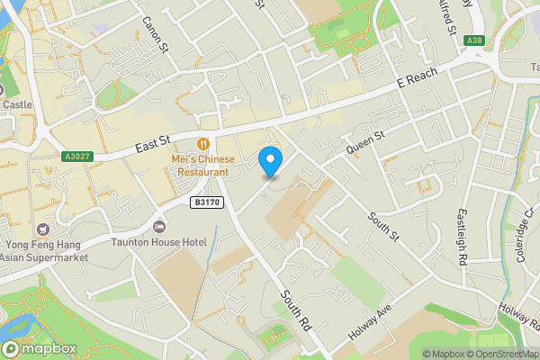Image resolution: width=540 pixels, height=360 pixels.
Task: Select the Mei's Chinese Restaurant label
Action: (204, 166)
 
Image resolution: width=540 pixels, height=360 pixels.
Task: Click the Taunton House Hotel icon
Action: (159, 226)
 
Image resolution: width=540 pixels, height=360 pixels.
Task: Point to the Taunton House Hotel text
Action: (159, 243)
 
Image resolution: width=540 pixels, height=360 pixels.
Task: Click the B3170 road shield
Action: (207, 203)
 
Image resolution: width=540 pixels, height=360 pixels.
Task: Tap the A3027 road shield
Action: (78, 156)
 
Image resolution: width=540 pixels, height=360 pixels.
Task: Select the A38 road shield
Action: (474, 40)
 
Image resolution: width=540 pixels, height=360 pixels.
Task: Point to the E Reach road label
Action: (417, 82)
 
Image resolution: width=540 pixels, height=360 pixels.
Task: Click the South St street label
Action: (383, 226)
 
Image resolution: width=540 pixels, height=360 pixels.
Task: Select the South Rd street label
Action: (294, 310)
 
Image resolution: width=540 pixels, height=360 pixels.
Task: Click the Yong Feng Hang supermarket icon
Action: (42, 229)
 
